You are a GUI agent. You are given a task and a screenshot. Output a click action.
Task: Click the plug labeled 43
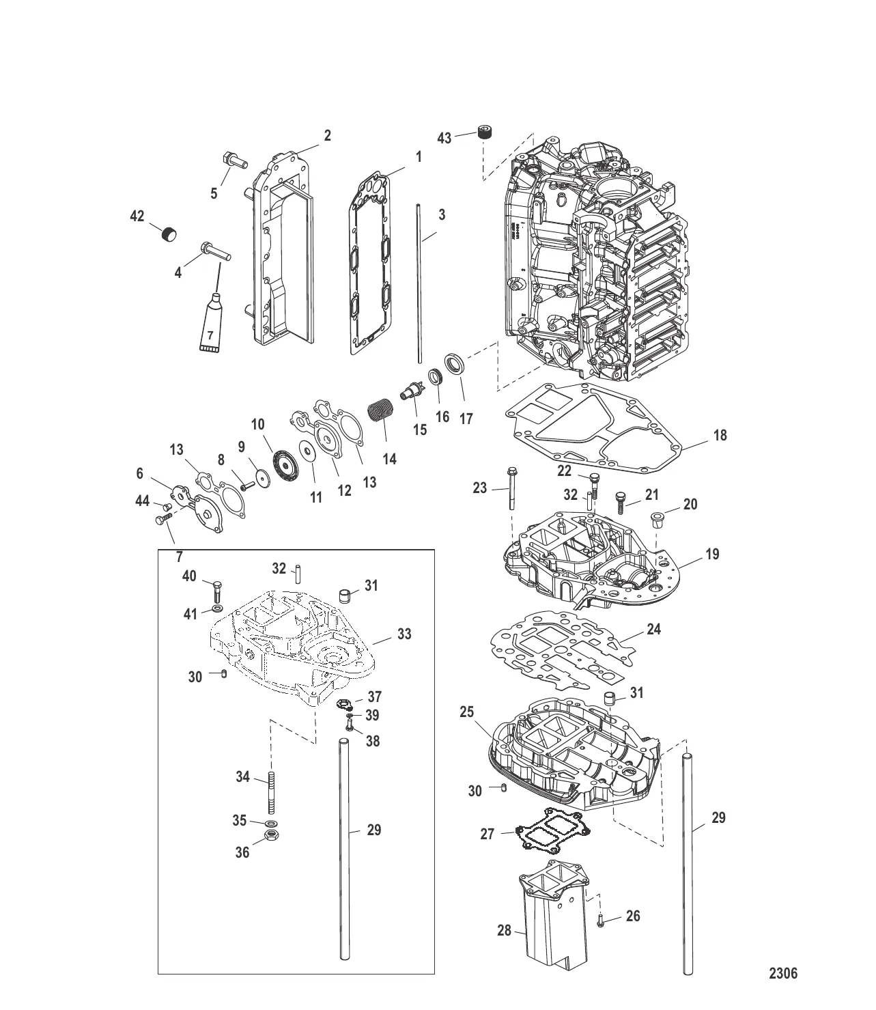click(x=485, y=133)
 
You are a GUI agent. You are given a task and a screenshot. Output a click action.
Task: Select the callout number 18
click(x=720, y=435)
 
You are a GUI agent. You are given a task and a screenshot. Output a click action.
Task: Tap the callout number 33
click(x=404, y=634)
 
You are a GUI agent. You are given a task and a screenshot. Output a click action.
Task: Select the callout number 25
click(x=466, y=712)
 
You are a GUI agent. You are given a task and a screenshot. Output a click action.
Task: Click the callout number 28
click(x=504, y=931)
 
